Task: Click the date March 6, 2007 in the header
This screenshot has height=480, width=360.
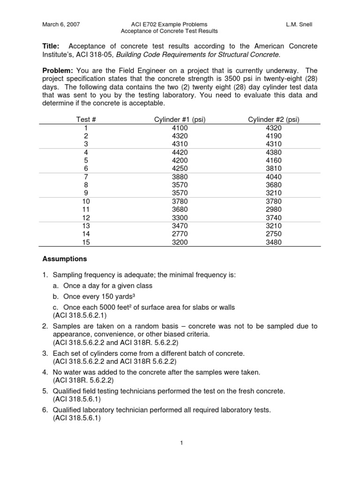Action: click(61, 24)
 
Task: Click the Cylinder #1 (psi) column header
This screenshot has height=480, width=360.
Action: click(180, 119)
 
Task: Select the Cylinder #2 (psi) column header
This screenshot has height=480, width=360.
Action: click(274, 119)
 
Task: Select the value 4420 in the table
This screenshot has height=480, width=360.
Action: click(180, 152)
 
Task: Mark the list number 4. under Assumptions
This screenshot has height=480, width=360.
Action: click(45, 372)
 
